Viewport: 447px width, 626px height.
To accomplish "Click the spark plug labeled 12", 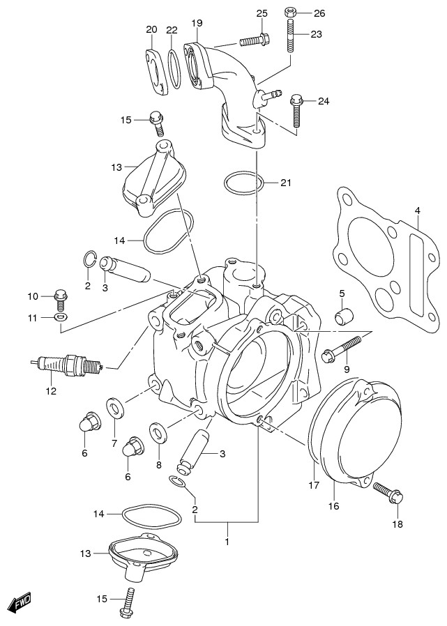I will (67, 363).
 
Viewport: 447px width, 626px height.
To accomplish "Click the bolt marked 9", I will (342, 349).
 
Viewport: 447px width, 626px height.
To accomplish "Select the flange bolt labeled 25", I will (255, 40).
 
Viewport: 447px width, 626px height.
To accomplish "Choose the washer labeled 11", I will (61, 319).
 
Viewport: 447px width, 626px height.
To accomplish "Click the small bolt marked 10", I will (60, 299).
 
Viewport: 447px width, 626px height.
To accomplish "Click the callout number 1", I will (227, 541).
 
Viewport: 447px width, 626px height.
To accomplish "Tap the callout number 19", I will (197, 24).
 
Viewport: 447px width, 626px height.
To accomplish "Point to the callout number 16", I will (333, 505).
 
